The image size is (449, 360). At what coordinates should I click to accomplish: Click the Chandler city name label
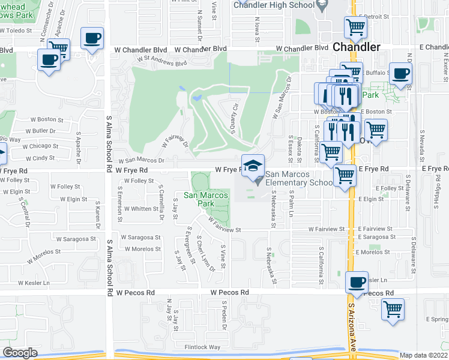point(356,47)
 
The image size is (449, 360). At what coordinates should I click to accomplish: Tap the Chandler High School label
point(273,5)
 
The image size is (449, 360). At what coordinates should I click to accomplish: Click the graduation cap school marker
point(253,165)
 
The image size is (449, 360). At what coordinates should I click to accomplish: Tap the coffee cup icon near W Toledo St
point(92,40)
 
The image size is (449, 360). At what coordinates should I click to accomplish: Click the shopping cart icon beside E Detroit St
point(355,27)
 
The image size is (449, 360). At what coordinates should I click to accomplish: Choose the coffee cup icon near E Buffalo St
point(400,74)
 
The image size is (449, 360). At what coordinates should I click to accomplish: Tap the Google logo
point(20,353)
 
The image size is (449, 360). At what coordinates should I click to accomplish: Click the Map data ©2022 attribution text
point(424,355)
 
